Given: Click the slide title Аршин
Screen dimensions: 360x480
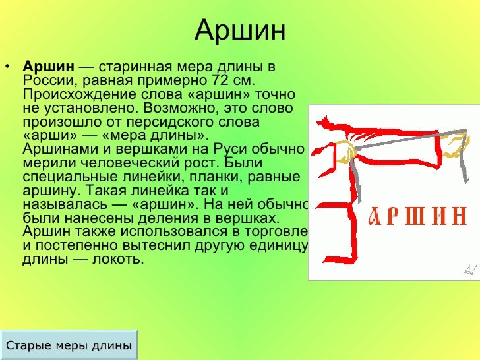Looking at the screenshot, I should [240, 30].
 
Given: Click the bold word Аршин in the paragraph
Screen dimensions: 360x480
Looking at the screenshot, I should [49, 67].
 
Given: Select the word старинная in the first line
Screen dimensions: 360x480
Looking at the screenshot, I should [136, 67].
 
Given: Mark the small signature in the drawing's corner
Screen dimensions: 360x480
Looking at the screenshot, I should [469, 268].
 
